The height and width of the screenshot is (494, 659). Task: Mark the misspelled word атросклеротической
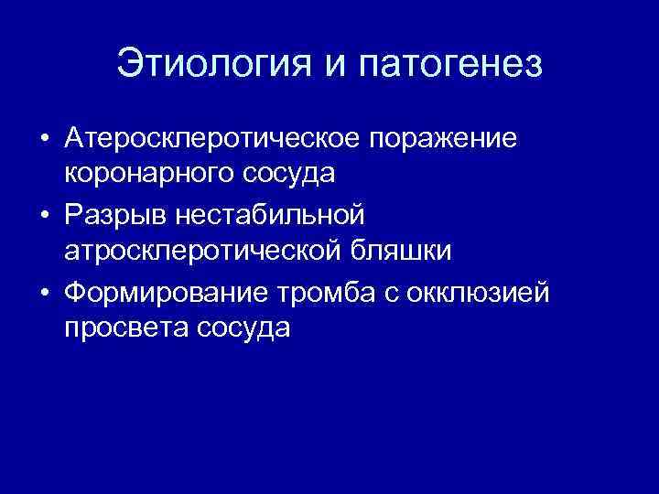point(200,250)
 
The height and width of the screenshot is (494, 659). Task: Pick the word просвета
point(124,327)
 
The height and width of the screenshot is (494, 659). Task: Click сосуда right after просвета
point(242,327)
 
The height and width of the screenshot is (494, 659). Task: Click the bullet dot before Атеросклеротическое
point(44,139)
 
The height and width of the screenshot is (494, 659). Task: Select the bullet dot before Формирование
point(44,292)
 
